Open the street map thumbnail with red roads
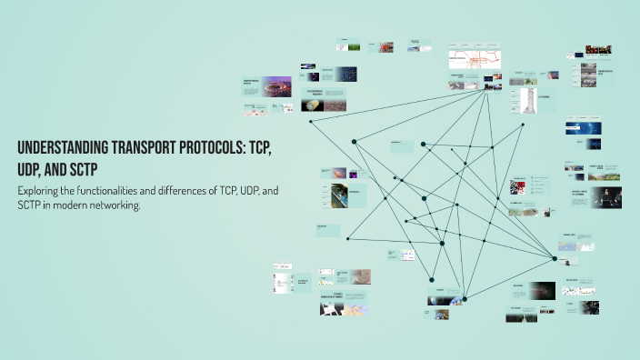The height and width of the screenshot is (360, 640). tap(475, 60)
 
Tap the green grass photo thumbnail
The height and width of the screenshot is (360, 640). tap(355, 46)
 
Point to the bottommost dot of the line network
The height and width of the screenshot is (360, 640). tap(465, 297)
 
